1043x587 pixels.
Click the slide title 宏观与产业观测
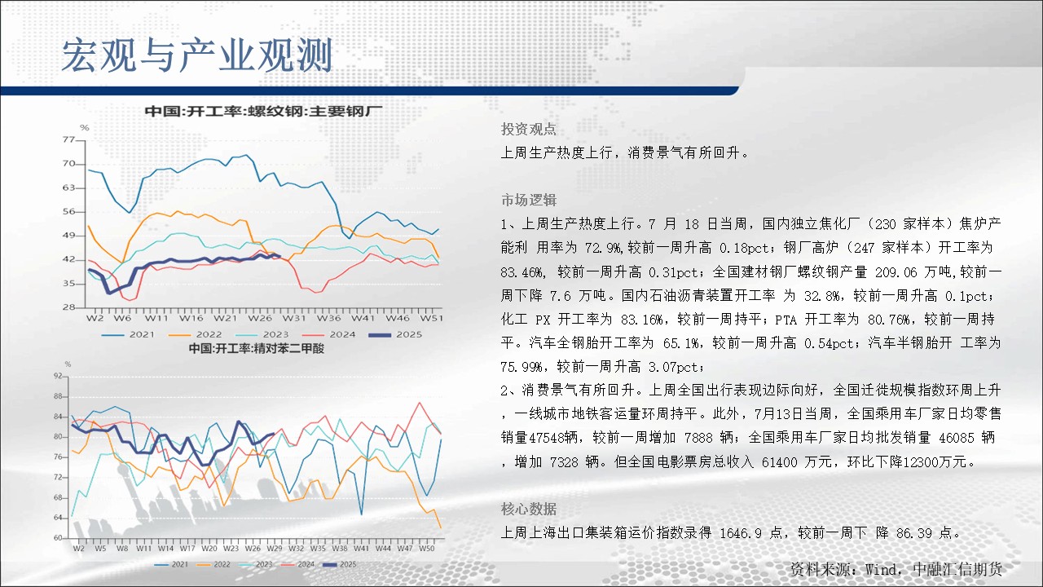click(197, 55)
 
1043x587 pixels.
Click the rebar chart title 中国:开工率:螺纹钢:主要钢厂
click(263, 112)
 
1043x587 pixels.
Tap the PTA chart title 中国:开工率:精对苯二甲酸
click(257, 348)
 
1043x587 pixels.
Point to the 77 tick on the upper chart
click(68, 139)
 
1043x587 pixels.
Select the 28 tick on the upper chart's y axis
click(68, 307)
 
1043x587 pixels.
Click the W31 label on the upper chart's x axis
click(294, 318)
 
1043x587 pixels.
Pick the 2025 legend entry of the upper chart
click(395, 334)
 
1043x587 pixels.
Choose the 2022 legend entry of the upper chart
click(195, 334)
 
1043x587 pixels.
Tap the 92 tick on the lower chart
click(58, 376)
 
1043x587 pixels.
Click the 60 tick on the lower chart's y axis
click(58, 537)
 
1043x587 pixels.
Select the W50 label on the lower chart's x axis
click(426, 549)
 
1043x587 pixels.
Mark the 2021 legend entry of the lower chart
click(171, 564)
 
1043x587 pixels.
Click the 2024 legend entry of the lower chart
click(297, 564)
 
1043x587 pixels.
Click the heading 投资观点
click(529, 129)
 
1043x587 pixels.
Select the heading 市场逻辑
click(529, 200)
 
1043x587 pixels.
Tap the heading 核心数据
click(529, 509)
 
